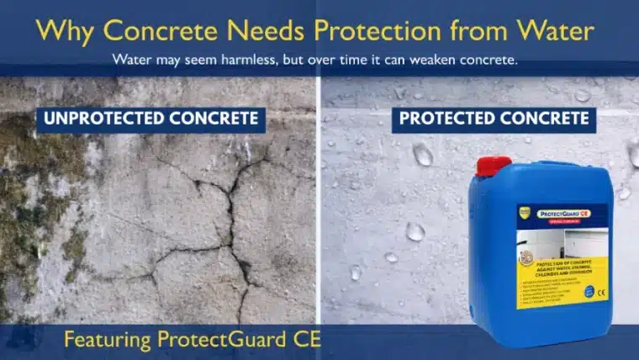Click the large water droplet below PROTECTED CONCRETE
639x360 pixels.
click(423, 155)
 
